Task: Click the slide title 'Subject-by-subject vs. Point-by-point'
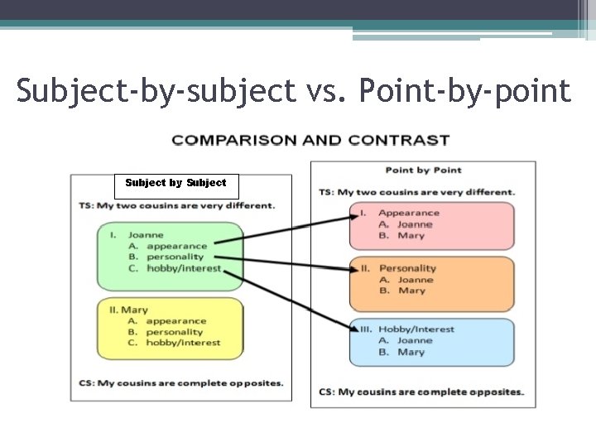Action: pyautogui.click(x=294, y=90)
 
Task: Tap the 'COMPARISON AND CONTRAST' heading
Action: pyautogui.click(x=310, y=140)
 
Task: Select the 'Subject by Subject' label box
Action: pyautogui.click(x=175, y=183)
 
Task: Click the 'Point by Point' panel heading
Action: pyautogui.click(x=423, y=171)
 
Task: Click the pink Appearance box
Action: pyautogui.click(x=431, y=225)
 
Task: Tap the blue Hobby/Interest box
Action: pyautogui.click(x=431, y=342)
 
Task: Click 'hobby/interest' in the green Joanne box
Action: pyautogui.click(x=184, y=268)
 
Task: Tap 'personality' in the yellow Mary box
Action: pyautogui.click(x=174, y=332)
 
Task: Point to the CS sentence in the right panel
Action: pyautogui.click(x=421, y=392)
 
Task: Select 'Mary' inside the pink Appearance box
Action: pyautogui.click(x=411, y=236)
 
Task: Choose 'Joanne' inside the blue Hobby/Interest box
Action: pyautogui.click(x=414, y=340)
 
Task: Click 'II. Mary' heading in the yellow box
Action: pyautogui.click(x=128, y=310)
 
